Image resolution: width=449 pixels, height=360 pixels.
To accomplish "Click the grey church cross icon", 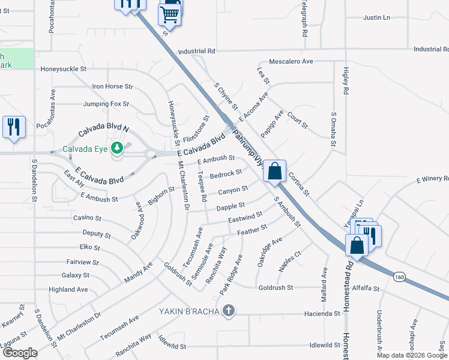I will [228, 311].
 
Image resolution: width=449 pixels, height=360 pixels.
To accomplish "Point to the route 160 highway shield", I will [399, 277].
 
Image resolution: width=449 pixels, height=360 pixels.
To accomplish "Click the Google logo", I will [20, 353].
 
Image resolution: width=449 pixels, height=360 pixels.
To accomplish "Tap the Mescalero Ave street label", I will [291, 61].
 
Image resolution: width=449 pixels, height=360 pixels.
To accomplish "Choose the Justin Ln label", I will [376, 18].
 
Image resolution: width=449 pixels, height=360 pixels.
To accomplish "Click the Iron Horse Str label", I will [112, 87].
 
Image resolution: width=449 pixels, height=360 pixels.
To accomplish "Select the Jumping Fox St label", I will [106, 104].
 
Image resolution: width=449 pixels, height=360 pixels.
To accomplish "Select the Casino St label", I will [87, 218].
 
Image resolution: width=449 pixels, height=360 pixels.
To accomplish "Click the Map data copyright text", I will [412, 355].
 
